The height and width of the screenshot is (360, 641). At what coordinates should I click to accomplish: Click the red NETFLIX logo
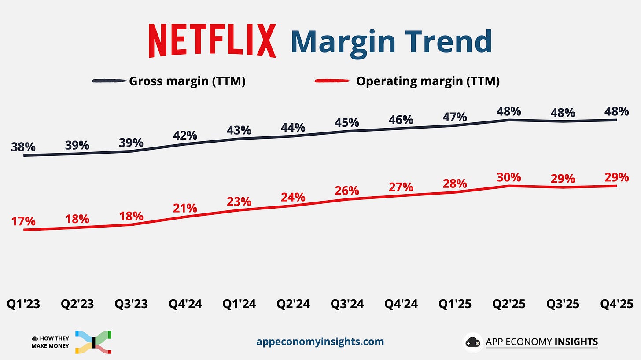212,41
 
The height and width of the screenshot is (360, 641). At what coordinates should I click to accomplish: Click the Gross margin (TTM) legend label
187,81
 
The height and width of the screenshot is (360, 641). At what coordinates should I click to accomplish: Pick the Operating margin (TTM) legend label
427,81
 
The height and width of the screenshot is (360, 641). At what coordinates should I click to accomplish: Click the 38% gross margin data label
23,147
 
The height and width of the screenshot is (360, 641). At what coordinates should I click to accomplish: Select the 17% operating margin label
23,221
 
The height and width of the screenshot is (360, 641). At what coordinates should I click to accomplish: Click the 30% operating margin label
509,177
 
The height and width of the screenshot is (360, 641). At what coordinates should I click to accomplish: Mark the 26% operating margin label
347,191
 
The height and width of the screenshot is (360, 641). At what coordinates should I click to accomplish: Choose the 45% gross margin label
347,123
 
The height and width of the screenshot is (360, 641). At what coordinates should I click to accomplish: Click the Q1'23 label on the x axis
23,304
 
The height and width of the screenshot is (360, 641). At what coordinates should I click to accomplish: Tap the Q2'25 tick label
509,304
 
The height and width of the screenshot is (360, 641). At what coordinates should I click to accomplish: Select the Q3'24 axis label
347,304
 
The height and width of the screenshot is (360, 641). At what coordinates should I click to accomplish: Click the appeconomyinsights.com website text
320,342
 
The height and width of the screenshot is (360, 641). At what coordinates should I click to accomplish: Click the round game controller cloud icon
473,342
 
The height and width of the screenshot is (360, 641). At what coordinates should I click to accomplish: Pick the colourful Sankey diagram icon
93,342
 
